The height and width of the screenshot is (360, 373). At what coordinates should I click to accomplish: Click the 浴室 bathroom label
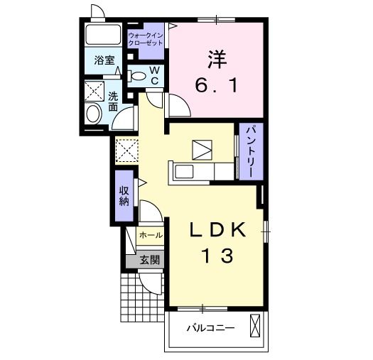click(104, 60)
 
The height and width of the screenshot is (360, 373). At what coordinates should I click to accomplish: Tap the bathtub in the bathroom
click(103, 34)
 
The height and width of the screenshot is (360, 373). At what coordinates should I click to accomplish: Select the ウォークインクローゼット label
click(146, 39)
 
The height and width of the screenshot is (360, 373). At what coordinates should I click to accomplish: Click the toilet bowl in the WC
click(137, 76)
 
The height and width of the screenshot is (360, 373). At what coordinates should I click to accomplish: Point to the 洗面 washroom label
click(113, 102)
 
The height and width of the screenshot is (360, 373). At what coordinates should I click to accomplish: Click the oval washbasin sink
click(94, 114)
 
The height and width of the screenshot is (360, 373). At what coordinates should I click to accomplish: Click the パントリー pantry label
click(251, 152)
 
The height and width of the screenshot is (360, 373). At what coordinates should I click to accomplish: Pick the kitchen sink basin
click(184, 171)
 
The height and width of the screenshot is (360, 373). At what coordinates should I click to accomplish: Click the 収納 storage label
click(124, 196)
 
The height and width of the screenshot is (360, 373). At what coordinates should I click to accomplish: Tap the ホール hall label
click(151, 235)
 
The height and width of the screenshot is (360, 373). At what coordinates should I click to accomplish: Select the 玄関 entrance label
click(149, 260)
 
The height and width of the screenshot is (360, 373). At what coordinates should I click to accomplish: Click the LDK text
click(217, 229)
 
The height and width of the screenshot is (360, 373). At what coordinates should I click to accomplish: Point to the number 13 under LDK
click(217, 256)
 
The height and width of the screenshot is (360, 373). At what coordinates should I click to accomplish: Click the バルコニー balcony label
click(210, 328)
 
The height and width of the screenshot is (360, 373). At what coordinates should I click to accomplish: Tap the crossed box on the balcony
click(255, 325)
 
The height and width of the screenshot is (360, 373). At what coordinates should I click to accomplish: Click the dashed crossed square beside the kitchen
click(127, 151)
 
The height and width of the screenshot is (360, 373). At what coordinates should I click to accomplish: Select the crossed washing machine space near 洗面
click(94, 91)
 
